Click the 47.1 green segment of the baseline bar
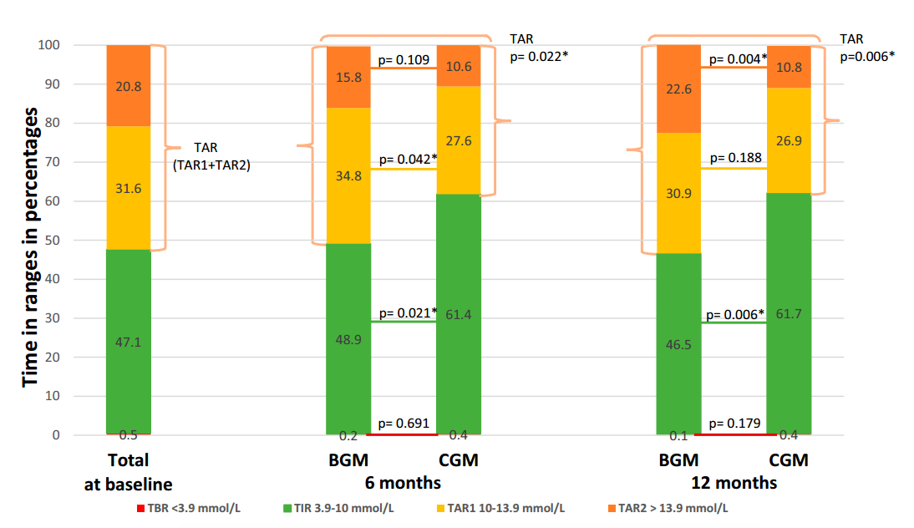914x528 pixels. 129,341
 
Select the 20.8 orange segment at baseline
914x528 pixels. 129,86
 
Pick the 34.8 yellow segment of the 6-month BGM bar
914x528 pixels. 348,175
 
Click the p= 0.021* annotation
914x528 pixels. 408,312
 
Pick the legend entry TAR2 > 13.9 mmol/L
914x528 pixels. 669,508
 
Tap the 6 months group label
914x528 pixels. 403,483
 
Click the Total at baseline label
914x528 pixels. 128,472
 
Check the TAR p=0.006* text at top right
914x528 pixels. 866,47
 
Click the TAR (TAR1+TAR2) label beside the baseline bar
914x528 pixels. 212,156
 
